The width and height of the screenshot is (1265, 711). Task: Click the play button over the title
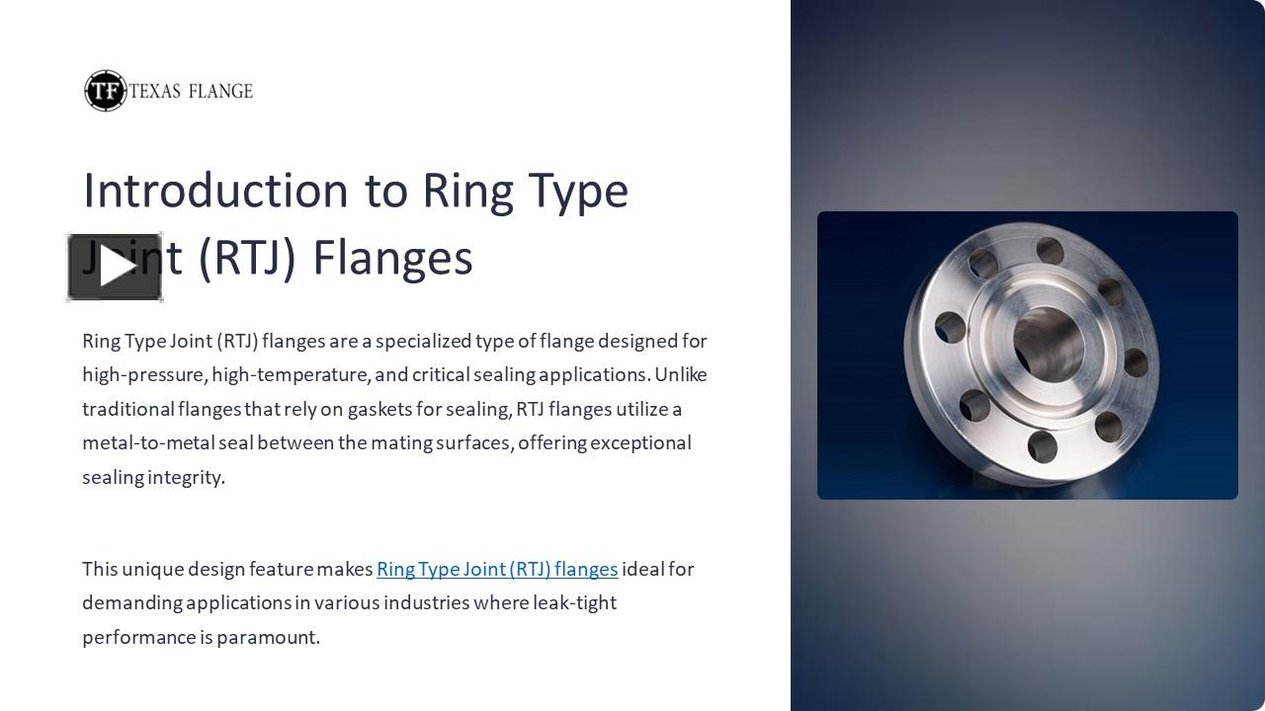point(115,268)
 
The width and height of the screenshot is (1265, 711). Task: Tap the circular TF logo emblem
point(105,91)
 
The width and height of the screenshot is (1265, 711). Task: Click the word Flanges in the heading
point(392,257)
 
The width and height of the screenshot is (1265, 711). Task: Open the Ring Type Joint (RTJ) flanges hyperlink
point(497,569)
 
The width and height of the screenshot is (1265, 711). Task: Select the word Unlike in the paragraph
point(680,375)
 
